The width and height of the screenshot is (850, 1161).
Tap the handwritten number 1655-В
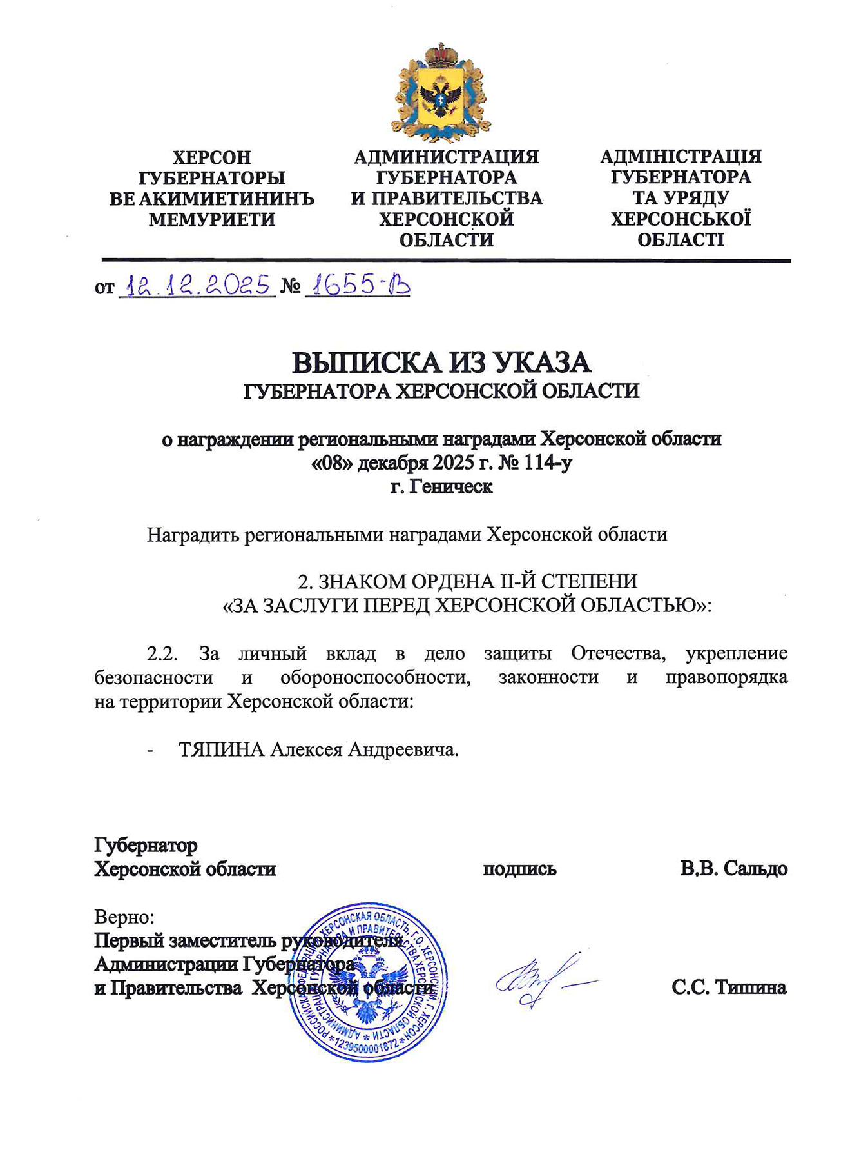point(357,284)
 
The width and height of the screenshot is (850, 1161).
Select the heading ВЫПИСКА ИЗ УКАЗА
point(441,362)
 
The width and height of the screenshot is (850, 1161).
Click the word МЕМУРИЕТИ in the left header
point(212,220)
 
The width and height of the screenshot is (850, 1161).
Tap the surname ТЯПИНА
point(221,749)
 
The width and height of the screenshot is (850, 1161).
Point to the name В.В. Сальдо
point(733,868)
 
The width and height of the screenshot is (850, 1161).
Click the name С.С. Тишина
point(729,987)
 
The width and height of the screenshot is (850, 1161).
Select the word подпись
point(519,868)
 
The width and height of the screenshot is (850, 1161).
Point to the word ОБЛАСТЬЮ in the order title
point(635,606)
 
